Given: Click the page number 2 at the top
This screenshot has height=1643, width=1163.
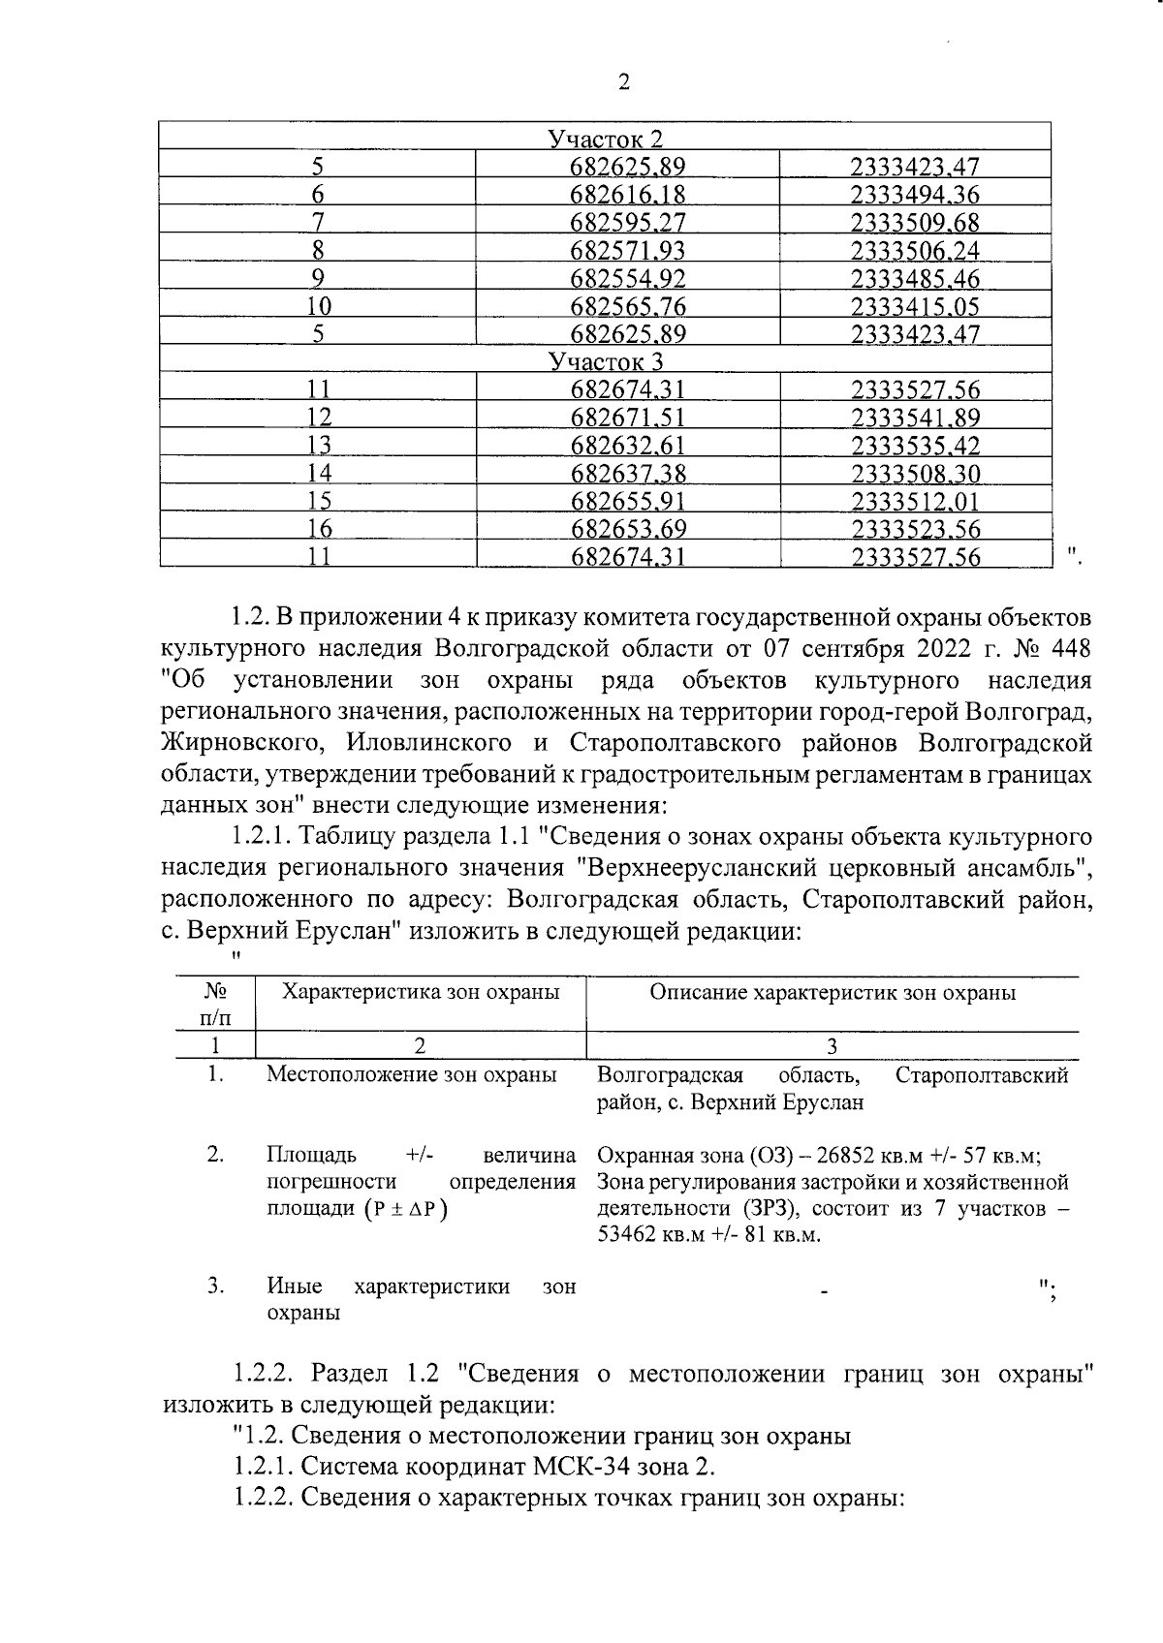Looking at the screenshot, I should point(623,82).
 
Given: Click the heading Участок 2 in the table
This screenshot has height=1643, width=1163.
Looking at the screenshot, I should point(606,139).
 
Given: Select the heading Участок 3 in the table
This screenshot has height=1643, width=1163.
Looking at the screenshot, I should point(606,362).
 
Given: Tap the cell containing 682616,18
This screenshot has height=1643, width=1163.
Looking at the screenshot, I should point(628,196).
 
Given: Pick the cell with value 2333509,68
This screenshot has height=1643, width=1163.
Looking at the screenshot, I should point(915,223).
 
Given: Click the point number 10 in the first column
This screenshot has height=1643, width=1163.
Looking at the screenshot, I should point(318,307).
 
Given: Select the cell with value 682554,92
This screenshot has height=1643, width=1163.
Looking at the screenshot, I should point(628,280).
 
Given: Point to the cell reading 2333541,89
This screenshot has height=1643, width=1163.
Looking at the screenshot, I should point(915,418).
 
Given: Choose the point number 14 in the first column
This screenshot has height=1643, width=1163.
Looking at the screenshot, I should point(318,474).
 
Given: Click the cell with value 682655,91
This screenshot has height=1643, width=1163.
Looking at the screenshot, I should point(628,502).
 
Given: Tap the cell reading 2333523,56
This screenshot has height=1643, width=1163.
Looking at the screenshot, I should point(915,530).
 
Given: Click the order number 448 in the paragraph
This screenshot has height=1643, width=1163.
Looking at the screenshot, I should point(1073,647).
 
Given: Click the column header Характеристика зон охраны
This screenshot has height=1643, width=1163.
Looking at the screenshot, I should point(420,992).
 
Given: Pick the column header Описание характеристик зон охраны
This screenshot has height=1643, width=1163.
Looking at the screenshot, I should point(832,992).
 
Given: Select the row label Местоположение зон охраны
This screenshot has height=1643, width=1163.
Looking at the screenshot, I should point(411,1074).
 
